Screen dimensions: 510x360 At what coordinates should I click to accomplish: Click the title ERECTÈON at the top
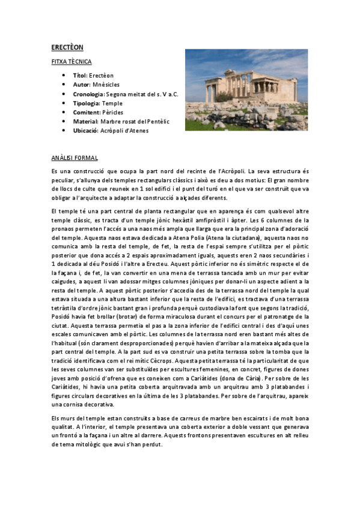[x=67, y=47]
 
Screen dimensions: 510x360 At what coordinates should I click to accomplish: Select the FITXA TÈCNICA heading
[x=71, y=61]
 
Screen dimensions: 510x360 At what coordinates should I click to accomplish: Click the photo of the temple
[x=246, y=90]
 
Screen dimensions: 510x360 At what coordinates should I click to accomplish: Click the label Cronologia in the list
[x=89, y=94]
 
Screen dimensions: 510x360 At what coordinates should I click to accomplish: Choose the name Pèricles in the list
[x=112, y=112]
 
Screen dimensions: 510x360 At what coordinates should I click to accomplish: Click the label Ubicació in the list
[x=86, y=130]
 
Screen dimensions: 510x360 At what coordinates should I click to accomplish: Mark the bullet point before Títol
[x=64, y=76]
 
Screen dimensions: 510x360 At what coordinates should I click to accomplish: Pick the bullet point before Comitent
[x=64, y=112]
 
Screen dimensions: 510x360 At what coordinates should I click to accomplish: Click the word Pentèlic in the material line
[x=157, y=121]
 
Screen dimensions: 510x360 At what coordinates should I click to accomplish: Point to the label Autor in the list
[x=81, y=85]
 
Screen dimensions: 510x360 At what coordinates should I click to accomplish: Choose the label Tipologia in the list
[x=86, y=103]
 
